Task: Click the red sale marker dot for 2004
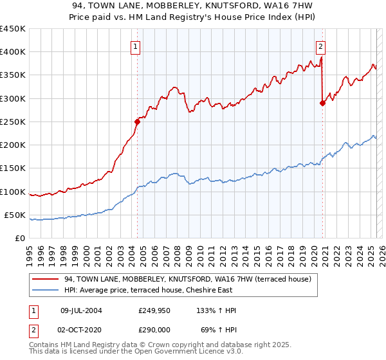point(137,121)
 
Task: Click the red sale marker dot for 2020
point(322,102)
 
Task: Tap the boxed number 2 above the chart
point(320,46)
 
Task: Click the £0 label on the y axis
point(21,238)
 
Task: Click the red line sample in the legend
point(46,279)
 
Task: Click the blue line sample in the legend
point(46,290)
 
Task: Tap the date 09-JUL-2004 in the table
point(80,310)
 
